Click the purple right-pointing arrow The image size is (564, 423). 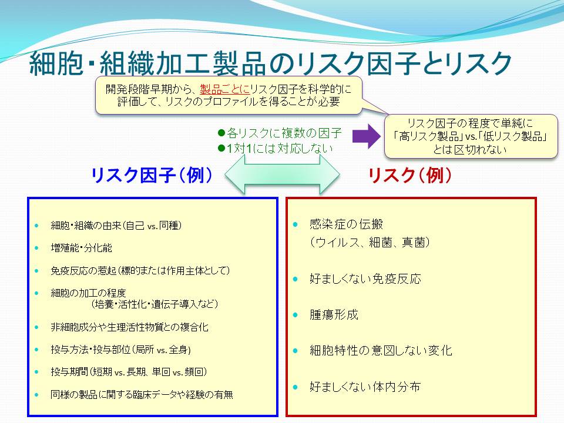point(366,136)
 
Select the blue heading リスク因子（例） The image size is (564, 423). point(152,176)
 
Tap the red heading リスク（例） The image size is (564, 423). point(409,176)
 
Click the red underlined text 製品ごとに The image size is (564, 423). point(225,89)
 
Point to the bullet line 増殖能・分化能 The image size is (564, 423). point(82,248)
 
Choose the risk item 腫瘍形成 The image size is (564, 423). point(334,315)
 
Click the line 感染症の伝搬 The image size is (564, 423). point(347,224)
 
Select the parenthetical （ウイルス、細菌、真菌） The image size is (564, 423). point(370,243)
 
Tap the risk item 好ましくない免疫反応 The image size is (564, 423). point(365,278)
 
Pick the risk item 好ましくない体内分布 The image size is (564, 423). point(365,387)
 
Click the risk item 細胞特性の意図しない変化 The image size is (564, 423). point(381,350)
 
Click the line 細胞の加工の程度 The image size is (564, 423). point(89,293)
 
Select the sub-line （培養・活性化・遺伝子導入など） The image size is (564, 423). point(155,304)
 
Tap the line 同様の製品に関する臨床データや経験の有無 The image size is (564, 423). point(142,395)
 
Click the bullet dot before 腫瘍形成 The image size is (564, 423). point(296,315)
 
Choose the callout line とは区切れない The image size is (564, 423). point(470,149)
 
